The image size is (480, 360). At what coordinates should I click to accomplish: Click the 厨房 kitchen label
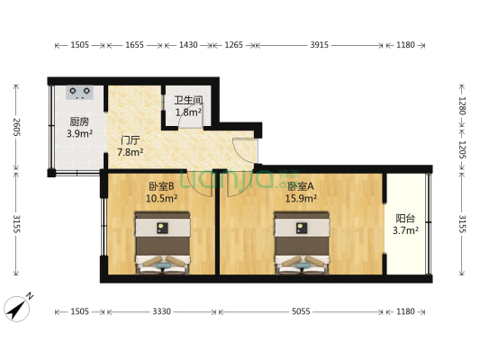tap(79, 121)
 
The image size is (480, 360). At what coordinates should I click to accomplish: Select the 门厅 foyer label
tap(130, 140)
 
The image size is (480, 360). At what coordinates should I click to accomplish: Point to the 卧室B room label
tap(161, 186)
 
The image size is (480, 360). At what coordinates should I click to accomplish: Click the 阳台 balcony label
tap(405, 217)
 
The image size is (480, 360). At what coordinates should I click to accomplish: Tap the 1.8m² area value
tap(188, 112)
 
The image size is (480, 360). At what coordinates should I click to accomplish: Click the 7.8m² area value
tap(130, 152)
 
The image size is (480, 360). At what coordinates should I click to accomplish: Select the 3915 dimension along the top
tap(320, 44)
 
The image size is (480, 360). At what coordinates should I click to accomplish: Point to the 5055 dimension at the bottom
tap(300, 311)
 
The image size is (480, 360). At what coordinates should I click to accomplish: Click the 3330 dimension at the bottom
tap(161, 311)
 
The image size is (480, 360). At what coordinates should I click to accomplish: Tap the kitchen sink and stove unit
tap(79, 93)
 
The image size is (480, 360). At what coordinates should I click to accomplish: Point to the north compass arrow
tap(17, 307)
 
